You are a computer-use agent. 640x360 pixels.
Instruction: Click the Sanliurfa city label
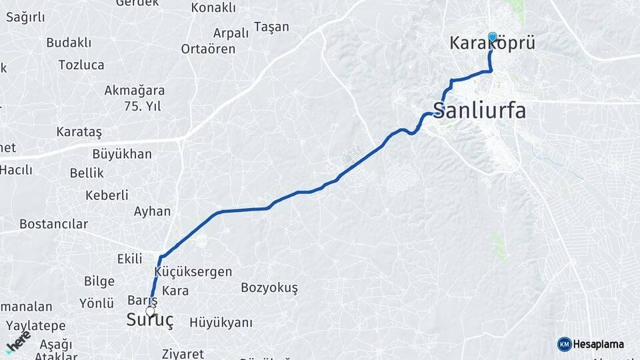click(479, 110)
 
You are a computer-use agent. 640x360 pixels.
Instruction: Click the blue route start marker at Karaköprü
click(493, 37)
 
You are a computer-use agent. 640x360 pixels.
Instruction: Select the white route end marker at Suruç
click(150, 311)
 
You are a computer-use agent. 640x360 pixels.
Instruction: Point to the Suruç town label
click(150, 321)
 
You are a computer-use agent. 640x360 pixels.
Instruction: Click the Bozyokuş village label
click(269, 287)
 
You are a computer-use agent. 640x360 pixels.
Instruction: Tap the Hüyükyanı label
click(221, 323)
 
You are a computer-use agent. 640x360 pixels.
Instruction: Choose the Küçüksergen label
click(193, 271)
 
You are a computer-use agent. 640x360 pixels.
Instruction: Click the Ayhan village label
click(152, 211)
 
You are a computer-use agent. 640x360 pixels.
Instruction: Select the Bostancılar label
click(53, 224)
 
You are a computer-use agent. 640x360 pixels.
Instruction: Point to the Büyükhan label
click(122, 154)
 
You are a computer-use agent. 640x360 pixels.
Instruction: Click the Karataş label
click(79, 131)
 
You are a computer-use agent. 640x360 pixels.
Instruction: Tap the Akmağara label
click(135, 90)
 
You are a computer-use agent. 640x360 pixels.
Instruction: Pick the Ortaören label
click(208, 49)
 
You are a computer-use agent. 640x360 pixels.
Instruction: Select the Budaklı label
click(69, 43)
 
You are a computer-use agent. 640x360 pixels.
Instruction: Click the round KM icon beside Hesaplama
click(565, 344)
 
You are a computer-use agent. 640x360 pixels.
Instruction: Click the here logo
click(18, 341)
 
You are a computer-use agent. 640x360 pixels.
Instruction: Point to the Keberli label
click(107, 195)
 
